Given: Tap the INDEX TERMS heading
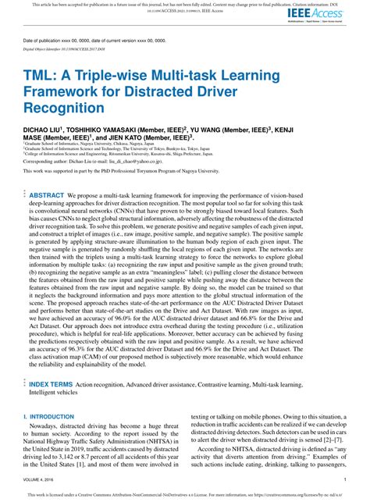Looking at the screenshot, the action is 52,384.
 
